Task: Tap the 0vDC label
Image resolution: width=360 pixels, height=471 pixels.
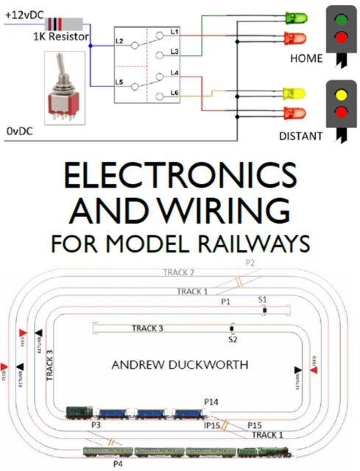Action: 21,130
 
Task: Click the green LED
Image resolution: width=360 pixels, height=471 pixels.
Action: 295,18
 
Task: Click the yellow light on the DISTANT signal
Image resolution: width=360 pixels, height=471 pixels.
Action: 341,96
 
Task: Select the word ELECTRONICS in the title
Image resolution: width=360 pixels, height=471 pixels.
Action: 180,179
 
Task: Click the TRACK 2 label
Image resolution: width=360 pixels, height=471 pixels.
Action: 179,272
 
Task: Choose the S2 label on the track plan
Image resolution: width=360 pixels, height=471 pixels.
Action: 233,340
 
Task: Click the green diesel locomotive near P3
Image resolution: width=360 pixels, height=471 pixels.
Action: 78,414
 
